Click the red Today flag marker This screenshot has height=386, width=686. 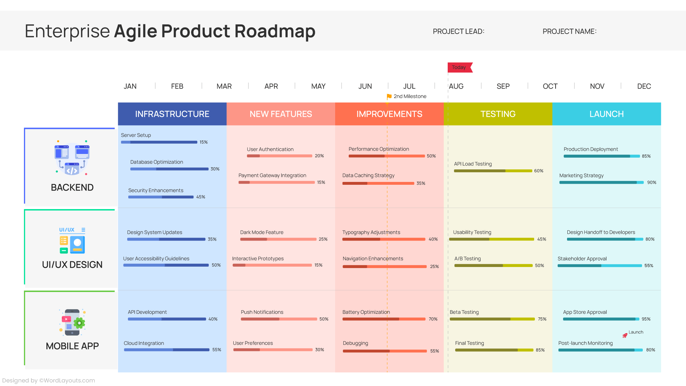click(459, 68)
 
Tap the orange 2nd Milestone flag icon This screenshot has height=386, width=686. click(389, 96)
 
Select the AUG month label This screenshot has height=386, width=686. click(456, 86)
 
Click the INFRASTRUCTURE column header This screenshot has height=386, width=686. click(172, 114)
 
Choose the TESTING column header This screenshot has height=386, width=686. click(498, 114)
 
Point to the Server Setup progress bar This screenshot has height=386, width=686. click(159, 142)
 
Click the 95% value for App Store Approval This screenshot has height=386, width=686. click(646, 319)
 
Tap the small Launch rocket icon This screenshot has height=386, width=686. click(625, 335)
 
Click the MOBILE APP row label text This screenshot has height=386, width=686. click(72, 346)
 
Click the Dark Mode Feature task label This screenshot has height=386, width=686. click(262, 232)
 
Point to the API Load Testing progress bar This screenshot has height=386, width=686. click(493, 171)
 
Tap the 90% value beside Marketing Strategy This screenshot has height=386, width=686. click(651, 183)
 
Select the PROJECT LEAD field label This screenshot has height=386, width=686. click(458, 31)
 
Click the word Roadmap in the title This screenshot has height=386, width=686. click(275, 31)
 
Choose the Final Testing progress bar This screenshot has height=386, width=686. click(494, 350)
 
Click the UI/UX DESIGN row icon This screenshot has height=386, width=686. click(72, 240)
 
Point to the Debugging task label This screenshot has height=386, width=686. click(355, 343)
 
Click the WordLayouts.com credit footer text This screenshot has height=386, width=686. click(49, 381)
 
